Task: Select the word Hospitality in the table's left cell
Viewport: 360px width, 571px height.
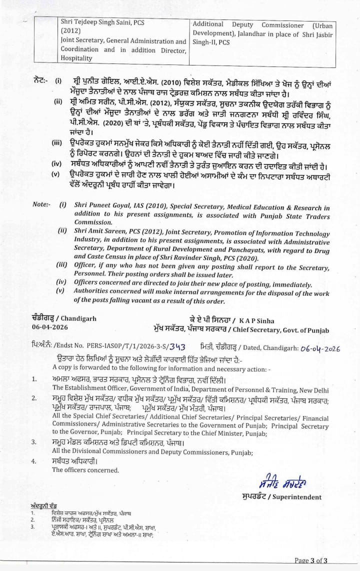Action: tap(76, 58)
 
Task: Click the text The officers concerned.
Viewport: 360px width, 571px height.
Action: tap(85, 469)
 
